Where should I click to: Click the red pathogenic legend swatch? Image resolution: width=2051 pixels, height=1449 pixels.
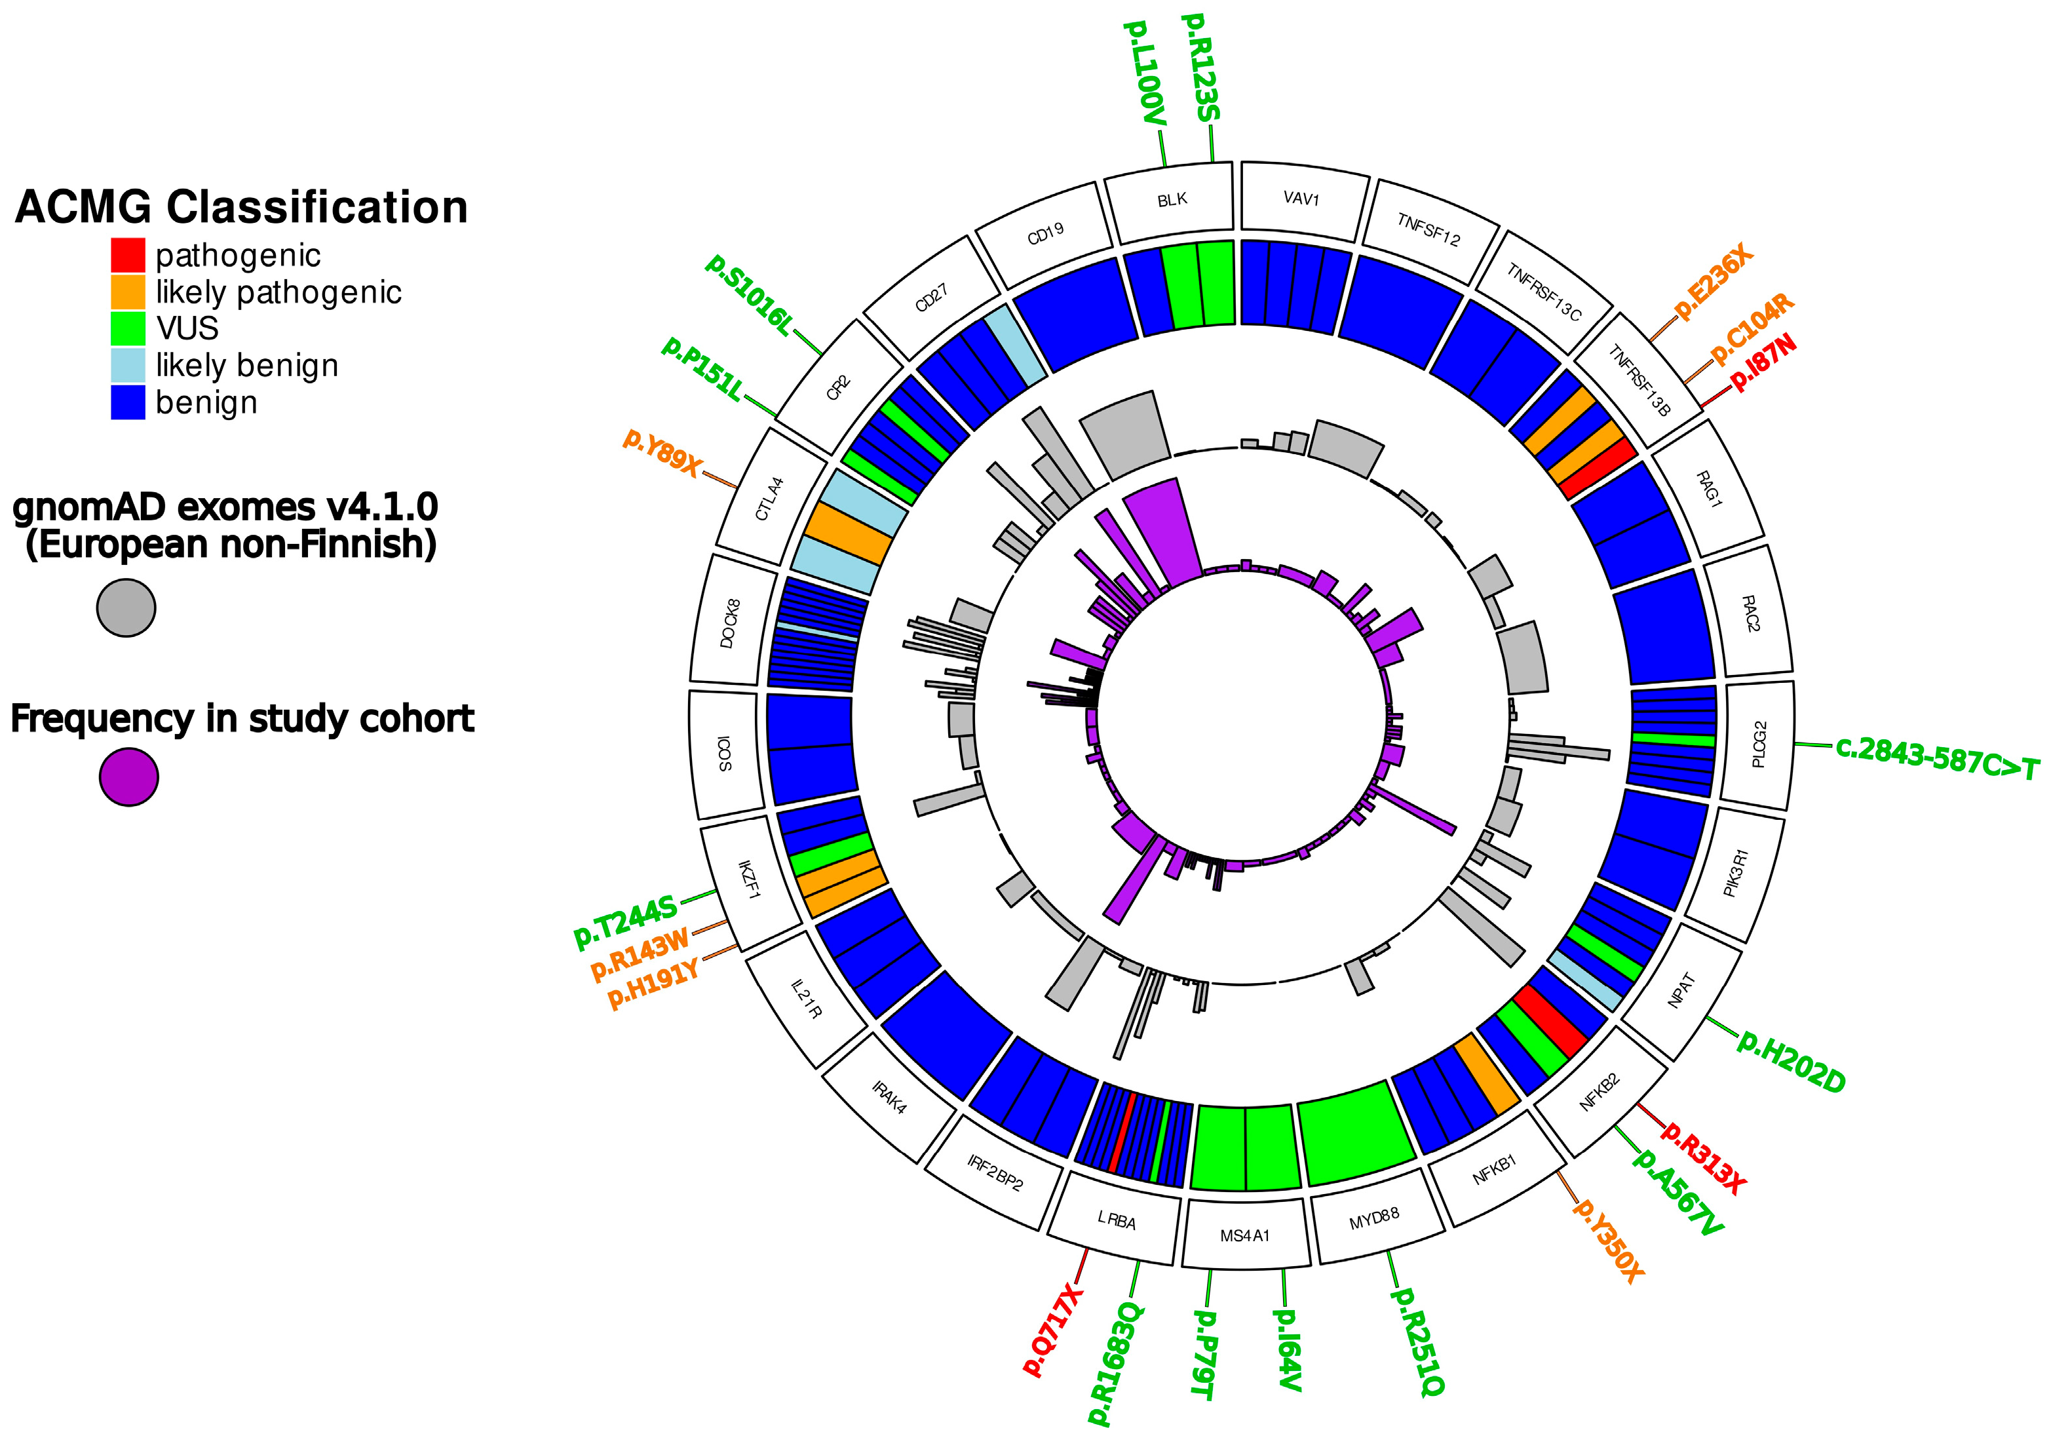[x=128, y=254]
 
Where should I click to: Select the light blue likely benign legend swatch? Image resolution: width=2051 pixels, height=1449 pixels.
[x=128, y=366]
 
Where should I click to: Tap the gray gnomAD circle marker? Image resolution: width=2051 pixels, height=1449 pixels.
[x=126, y=608]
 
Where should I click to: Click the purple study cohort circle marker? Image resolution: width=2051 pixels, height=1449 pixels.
[x=128, y=777]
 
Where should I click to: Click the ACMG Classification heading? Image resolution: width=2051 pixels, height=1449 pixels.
[x=241, y=207]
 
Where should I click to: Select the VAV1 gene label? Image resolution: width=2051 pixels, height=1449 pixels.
[x=1301, y=199]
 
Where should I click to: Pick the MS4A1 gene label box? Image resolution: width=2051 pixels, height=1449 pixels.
[x=1244, y=1235]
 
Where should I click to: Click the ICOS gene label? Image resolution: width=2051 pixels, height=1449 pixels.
[x=725, y=753]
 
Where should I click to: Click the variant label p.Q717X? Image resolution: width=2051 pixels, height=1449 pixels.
[x=1054, y=1330]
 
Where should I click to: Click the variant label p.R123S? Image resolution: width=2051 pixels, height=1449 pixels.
[x=1200, y=67]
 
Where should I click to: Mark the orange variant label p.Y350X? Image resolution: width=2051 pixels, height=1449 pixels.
[x=1606, y=1239]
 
